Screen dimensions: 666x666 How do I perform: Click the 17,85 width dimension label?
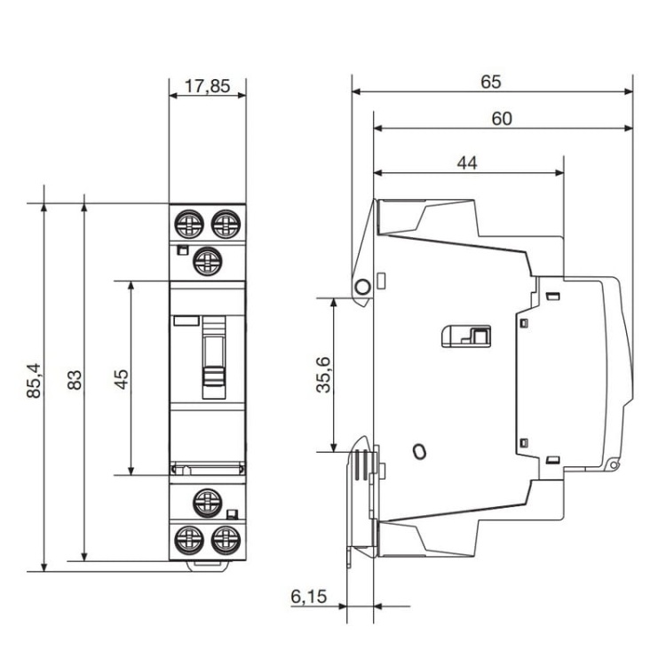(x=207, y=86)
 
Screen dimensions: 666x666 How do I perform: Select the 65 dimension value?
(x=491, y=82)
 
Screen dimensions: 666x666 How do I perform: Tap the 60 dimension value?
(x=502, y=119)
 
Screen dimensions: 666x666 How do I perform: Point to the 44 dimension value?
(x=467, y=163)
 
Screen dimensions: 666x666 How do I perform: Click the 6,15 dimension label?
(x=307, y=597)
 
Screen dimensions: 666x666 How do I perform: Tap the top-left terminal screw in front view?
(x=188, y=222)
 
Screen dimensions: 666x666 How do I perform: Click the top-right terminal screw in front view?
(x=226, y=222)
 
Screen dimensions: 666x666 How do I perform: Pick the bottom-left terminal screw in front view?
(x=188, y=539)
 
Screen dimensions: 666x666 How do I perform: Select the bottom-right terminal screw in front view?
(x=226, y=539)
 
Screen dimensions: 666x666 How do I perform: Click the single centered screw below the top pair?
(x=207, y=259)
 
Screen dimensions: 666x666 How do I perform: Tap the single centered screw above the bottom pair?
(x=207, y=502)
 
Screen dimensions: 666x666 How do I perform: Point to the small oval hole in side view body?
(x=419, y=452)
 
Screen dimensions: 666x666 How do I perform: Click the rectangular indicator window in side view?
(x=466, y=336)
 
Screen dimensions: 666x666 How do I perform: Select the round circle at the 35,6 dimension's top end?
(x=362, y=287)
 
